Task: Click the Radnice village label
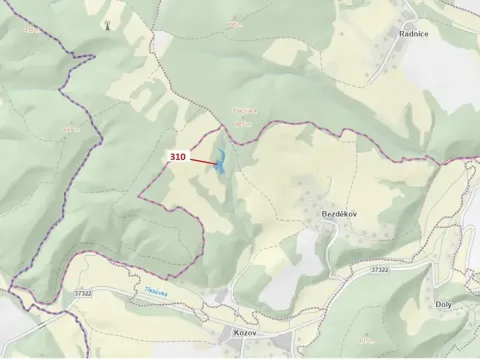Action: [x=414, y=33]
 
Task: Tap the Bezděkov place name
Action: [x=340, y=215]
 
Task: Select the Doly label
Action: [x=445, y=304]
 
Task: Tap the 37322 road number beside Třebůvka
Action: [x=82, y=293]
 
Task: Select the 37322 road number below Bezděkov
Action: [x=379, y=269]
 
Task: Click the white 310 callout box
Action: [x=177, y=157]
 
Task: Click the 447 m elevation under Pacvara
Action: [x=243, y=123]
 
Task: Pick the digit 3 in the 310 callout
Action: [x=172, y=157]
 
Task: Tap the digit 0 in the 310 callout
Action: [x=183, y=157]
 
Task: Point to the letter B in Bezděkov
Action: [x=324, y=215]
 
